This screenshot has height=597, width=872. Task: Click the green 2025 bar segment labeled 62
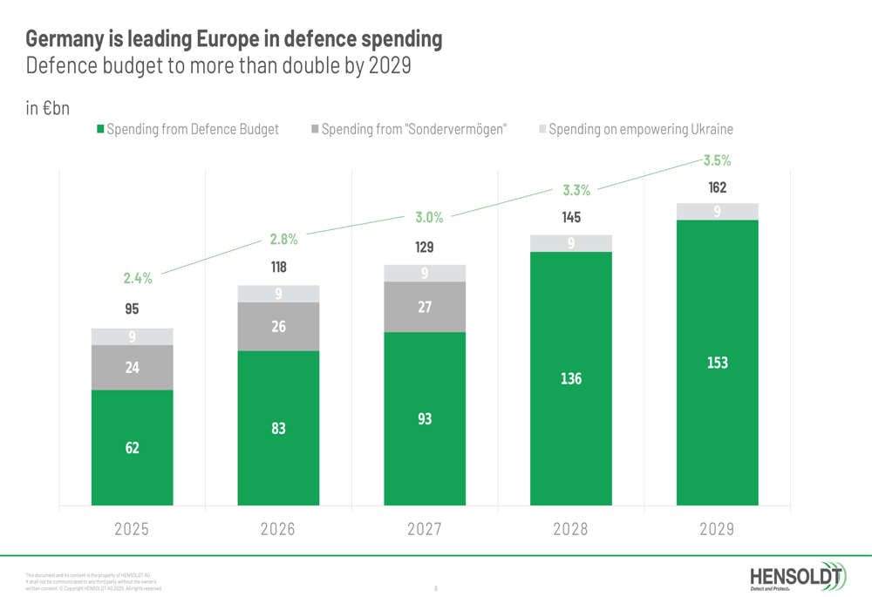[x=132, y=447]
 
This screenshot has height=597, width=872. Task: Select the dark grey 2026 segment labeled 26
[x=278, y=326]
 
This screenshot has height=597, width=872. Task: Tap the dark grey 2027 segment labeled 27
[x=425, y=307]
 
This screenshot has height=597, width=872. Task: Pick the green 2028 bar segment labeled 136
[x=571, y=378]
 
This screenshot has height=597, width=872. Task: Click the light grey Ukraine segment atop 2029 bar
[x=717, y=212]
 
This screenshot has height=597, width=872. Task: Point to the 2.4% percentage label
[x=138, y=279]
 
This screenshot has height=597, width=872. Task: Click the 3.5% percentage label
[x=717, y=160]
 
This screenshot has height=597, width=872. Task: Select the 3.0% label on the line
[x=428, y=218]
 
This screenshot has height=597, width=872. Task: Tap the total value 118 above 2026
[x=278, y=268]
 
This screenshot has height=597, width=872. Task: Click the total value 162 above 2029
[x=717, y=187]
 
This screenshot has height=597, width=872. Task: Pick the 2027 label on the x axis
[x=425, y=529]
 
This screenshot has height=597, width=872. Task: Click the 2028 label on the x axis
[x=571, y=529]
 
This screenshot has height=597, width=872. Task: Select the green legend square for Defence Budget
[x=100, y=129]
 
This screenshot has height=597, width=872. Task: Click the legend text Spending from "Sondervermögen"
[x=413, y=129]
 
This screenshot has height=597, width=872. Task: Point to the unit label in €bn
[x=47, y=109]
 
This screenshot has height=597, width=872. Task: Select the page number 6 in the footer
[x=436, y=588]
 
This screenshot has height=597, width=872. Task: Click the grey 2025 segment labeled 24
[x=132, y=367]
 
